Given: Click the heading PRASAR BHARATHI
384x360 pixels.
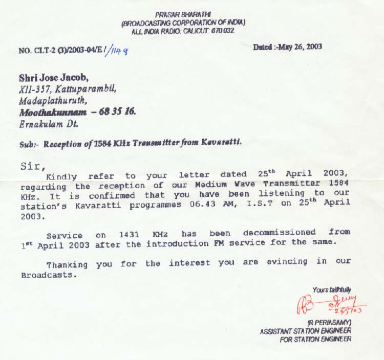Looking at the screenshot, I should (x=183, y=15).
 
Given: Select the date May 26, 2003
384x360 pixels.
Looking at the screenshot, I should (x=300, y=47).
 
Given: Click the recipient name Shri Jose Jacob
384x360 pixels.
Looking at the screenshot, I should (x=53, y=78).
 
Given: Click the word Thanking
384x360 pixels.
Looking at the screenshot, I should (x=67, y=264).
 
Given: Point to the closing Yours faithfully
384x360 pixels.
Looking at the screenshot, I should (x=331, y=290).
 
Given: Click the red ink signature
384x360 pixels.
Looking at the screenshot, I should (x=330, y=304).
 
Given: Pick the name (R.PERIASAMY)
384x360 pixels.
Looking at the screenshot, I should (x=329, y=324).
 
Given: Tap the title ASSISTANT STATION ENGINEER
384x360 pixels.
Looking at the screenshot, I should (x=306, y=331).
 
